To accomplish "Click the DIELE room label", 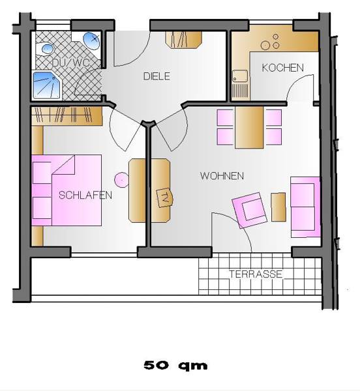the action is [157, 76].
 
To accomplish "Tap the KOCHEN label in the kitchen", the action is [282, 68].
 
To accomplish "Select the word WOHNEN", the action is [222, 176].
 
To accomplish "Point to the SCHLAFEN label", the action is [85, 195].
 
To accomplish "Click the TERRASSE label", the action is [256, 274].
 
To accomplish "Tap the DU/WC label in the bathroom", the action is [70, 63].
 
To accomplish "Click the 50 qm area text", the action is [175, 366].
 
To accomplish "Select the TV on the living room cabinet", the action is [164, 197].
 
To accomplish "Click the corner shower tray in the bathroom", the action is [48, 85].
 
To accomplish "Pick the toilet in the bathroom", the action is [47, 48].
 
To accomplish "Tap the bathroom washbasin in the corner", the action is [91, 40].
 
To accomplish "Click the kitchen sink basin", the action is [240, 76].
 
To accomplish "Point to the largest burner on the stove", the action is [265, 46].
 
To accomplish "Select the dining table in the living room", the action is [249, 128].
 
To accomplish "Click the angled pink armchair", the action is [250, 210].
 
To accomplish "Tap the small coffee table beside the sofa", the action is [278, 207].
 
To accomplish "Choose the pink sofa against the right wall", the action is [305, 207].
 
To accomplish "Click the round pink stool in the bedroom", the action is [121, 180].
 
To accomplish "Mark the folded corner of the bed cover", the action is [64, 164].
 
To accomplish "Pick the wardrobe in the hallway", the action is [183, 39].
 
